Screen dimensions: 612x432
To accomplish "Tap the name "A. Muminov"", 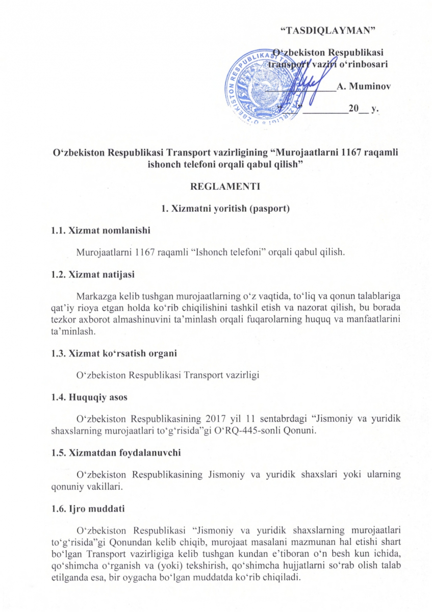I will coord(363,86).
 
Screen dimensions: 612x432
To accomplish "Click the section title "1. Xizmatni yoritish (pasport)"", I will coord(225,209).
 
